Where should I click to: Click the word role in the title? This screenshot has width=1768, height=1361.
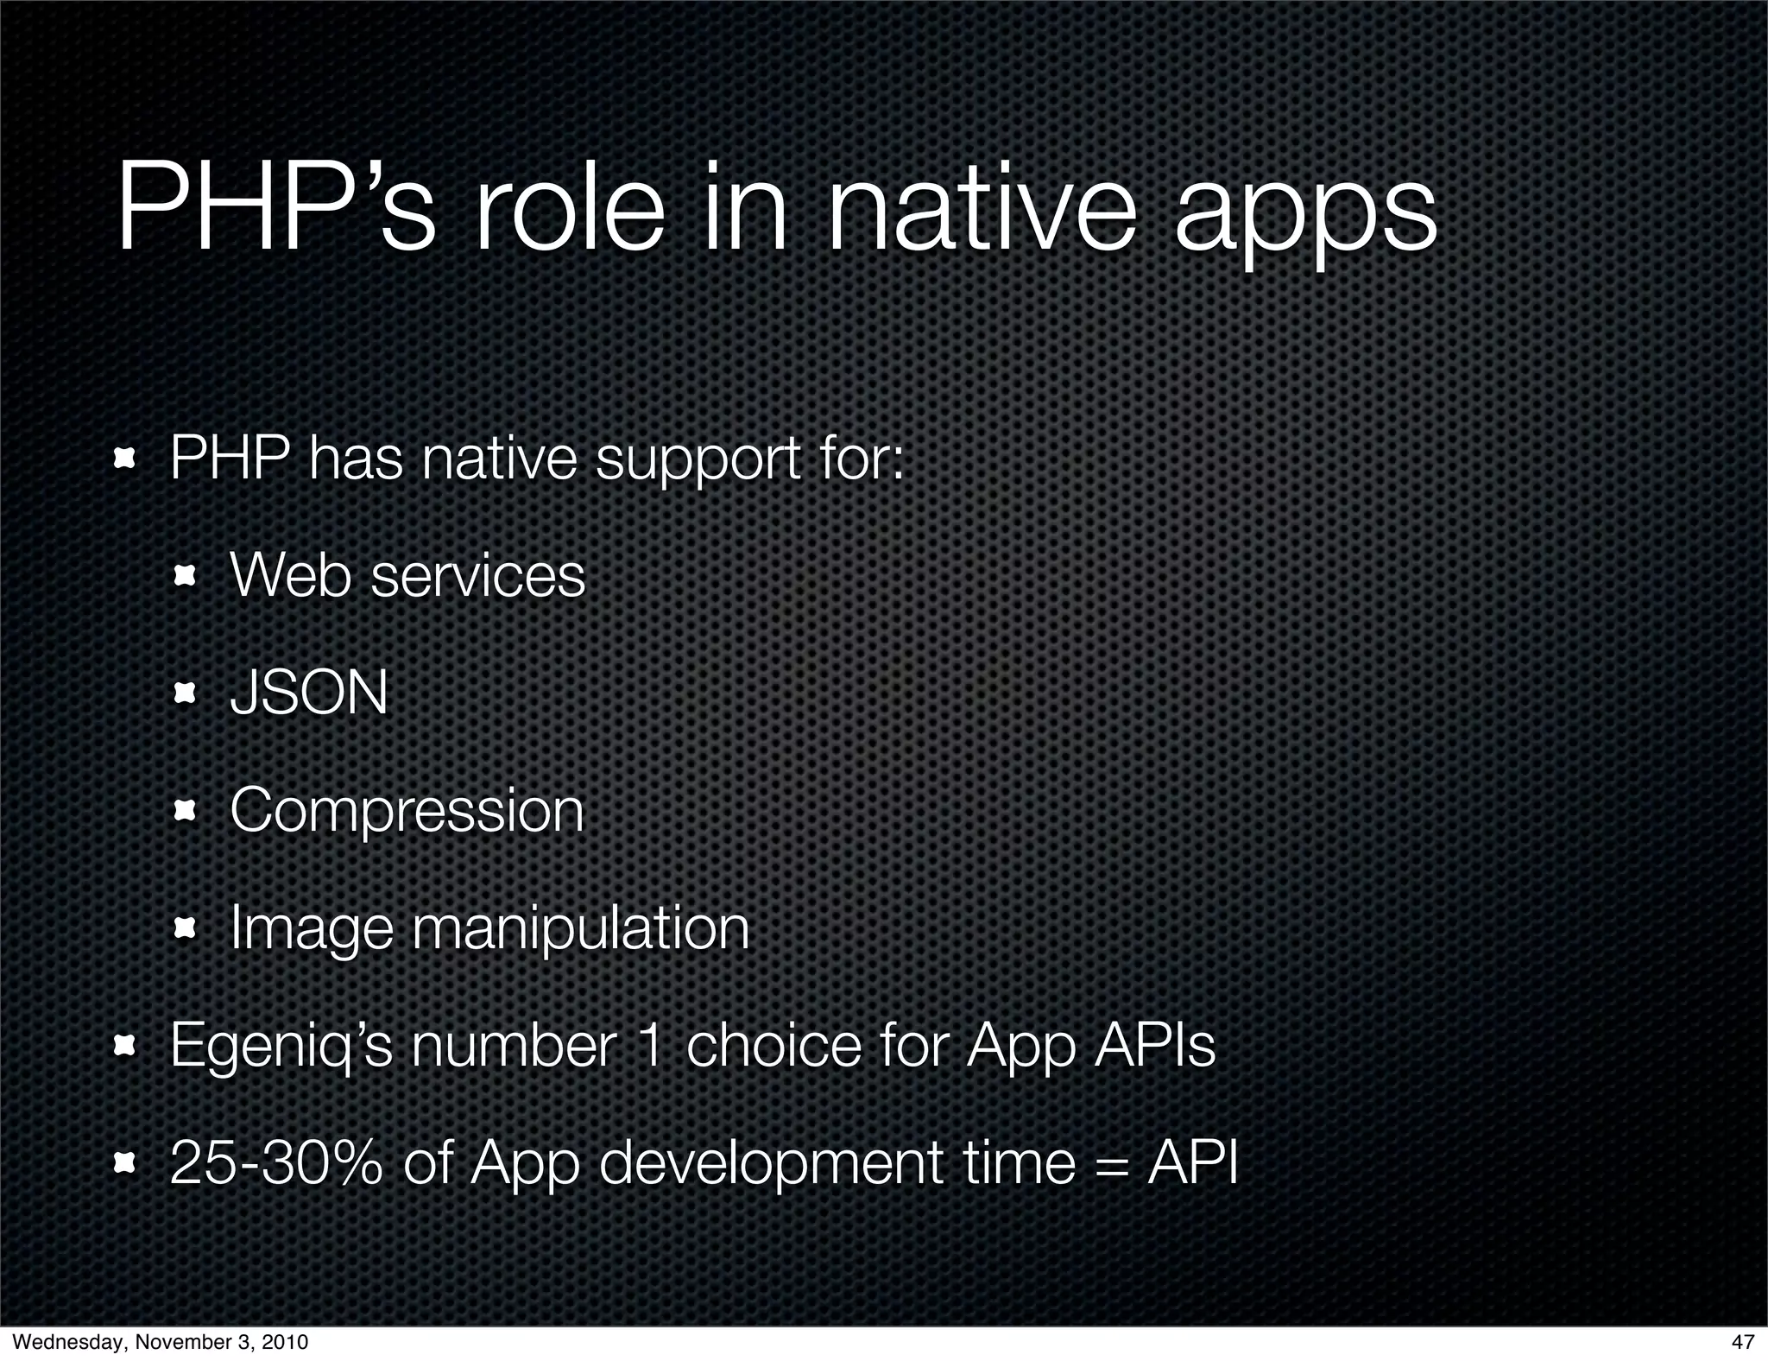[x=570, y=212]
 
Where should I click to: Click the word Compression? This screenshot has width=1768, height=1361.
[x=407, y=812]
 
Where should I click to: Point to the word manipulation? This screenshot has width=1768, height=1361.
[x=580, y=930]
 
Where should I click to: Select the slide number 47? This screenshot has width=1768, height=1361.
[x=1743, y=1342]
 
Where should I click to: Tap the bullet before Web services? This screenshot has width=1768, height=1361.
[x=186, y=577]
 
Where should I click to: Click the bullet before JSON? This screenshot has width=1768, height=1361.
[x=186, y=693]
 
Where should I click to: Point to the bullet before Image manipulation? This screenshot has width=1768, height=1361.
[x=186, y=929]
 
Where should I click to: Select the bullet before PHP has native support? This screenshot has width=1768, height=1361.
[x=126, y=459]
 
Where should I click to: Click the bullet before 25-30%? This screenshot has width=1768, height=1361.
[x=126, y=1164]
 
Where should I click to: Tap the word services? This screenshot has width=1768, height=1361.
[x=477, y=576]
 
